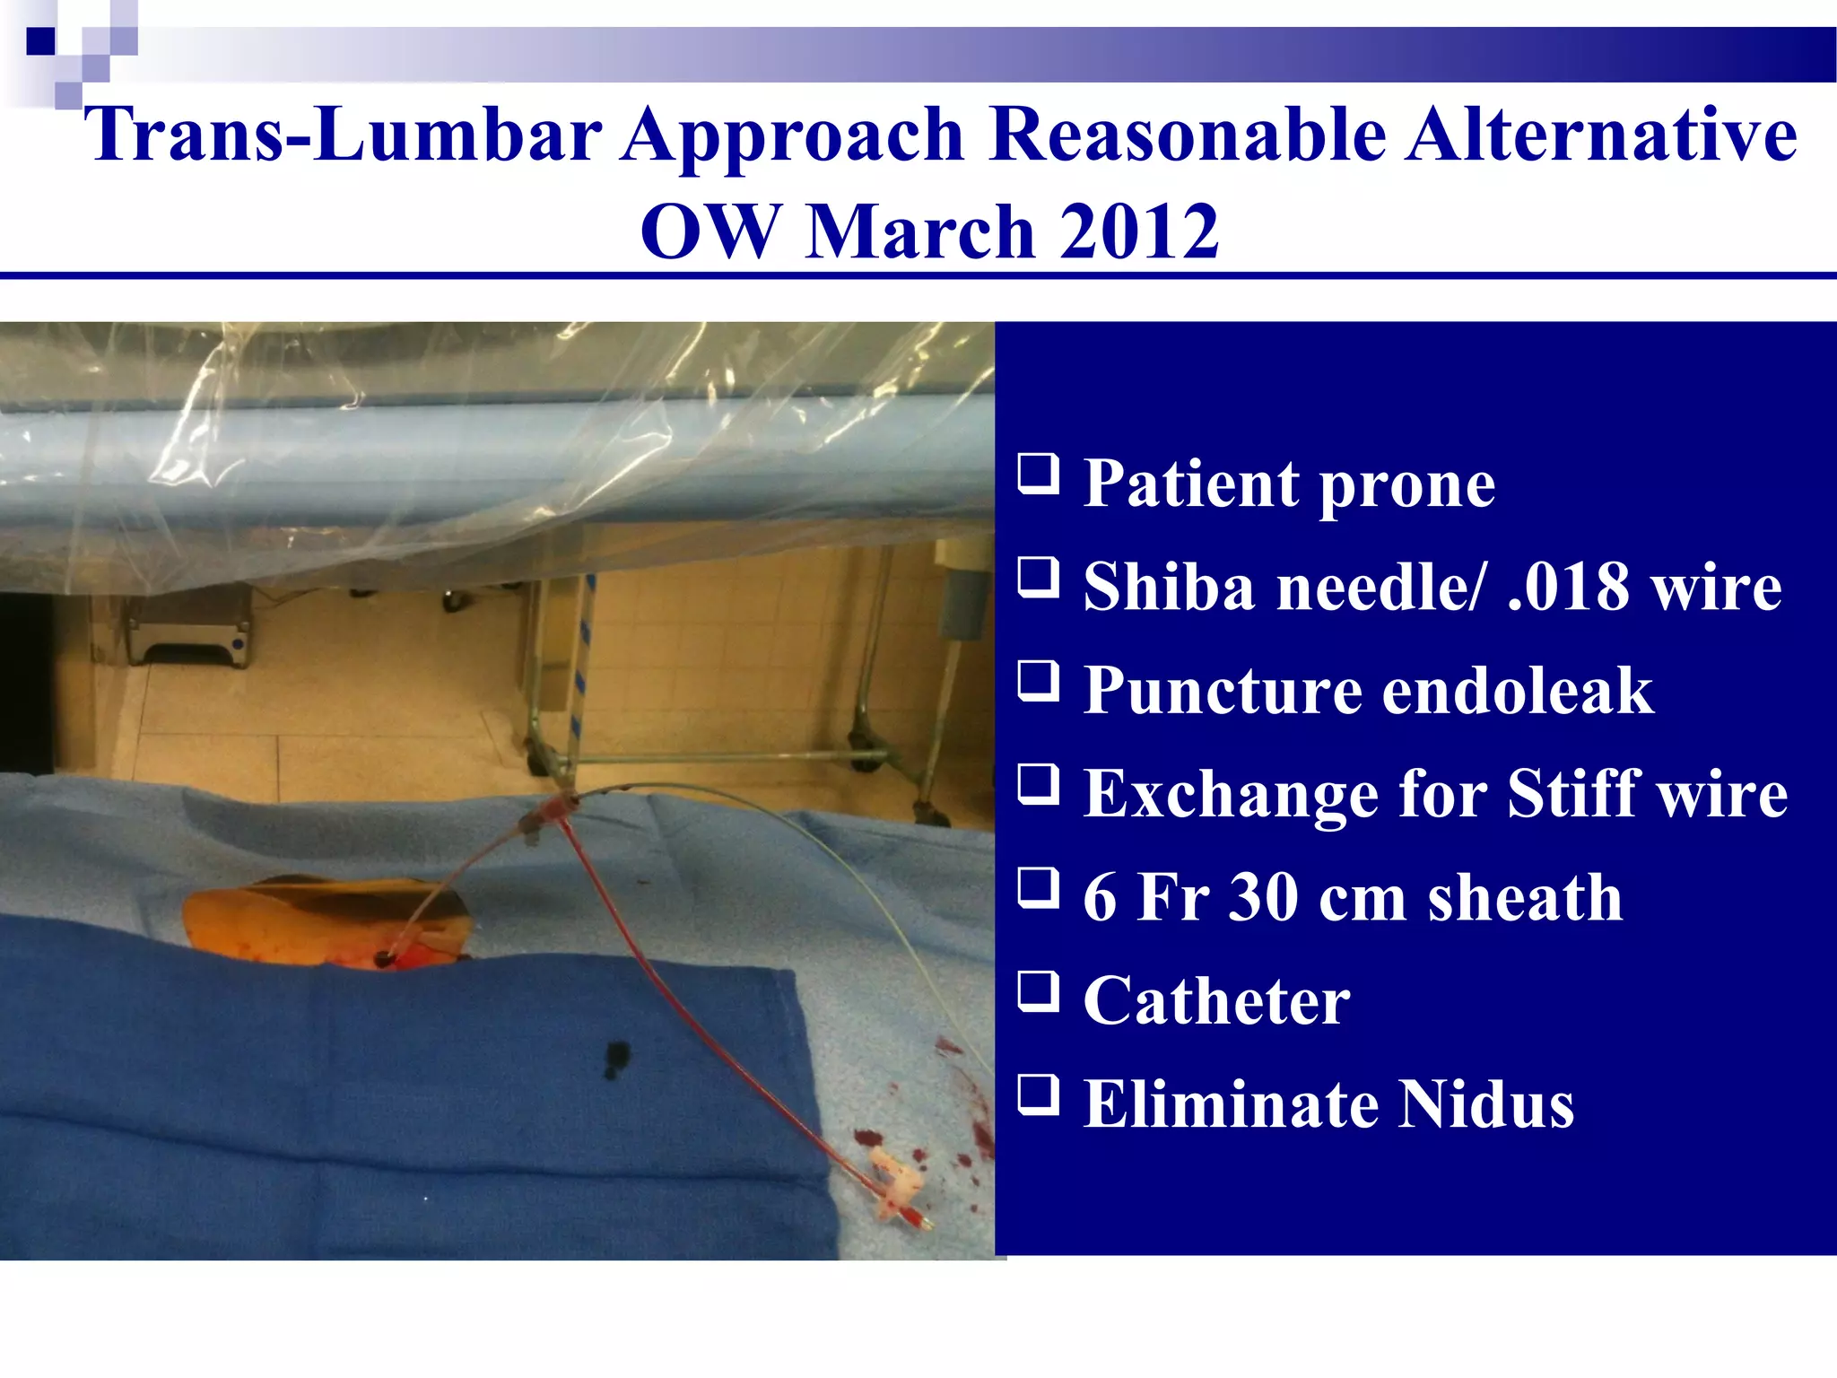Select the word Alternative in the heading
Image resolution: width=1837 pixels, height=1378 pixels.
coord(1601,135)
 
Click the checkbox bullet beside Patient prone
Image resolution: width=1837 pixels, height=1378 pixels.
coord(1038,474)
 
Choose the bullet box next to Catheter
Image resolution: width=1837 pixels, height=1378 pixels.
coord(1038,991)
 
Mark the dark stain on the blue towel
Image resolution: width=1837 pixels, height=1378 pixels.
coord(615,1060)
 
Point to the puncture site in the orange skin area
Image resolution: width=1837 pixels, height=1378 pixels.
coord(384,959)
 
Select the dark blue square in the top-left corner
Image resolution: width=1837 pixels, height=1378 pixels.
coord(39,40)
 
